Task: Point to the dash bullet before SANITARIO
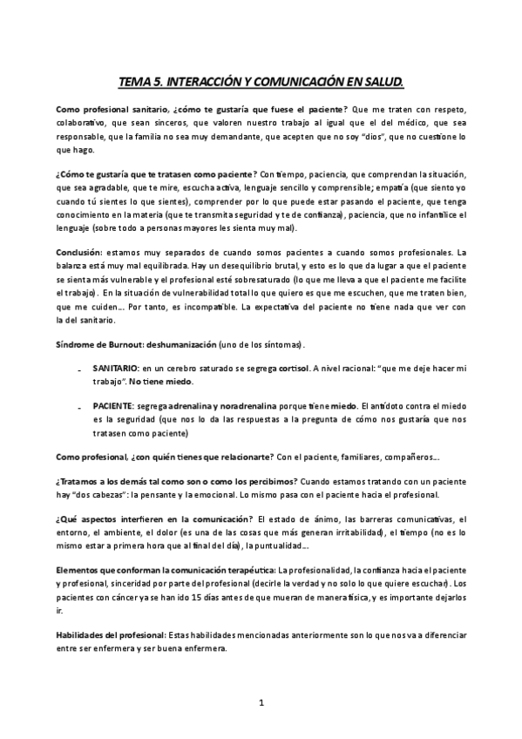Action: coord(80,370)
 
